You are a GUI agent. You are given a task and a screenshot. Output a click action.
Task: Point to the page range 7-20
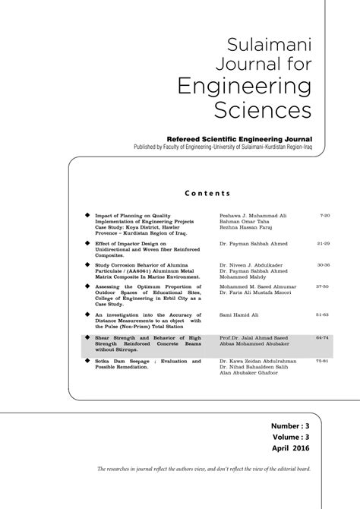pyautogui.click(x=325, y=216)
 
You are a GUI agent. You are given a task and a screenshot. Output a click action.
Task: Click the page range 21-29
pyautogui.click(x=324, y=244)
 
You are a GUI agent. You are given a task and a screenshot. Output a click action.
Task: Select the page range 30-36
pyautogui.click(x=324, y=265)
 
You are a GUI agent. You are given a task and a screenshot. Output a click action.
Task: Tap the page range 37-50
pyautogui.click(x=324, y=287)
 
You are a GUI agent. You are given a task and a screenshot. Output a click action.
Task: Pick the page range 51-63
pyautogui.click(x=324, y=313)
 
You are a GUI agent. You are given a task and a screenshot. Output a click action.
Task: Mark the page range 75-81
pyautogui.click(x=324, y=360)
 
